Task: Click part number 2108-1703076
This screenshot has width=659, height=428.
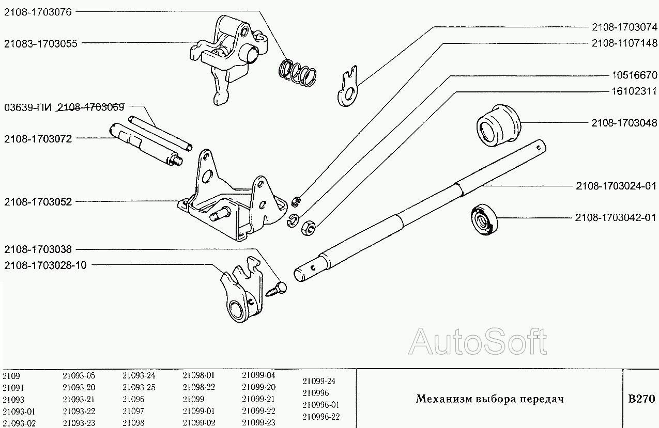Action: point(38,12)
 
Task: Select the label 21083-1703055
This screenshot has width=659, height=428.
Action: point(41,43)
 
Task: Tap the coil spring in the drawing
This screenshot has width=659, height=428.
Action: point(297,73)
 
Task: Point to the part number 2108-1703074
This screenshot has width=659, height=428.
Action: point(624,27)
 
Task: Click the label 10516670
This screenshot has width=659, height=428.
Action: point(634,75)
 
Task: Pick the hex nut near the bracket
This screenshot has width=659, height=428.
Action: point(309,228)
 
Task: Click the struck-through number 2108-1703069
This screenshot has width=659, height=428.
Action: point(90,107)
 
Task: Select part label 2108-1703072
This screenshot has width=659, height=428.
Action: point(38,139)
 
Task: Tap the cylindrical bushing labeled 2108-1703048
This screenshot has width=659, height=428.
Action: point(499,125)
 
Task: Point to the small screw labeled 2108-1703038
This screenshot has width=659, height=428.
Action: point(276,290)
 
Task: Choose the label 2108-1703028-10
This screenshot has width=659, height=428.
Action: point(45,265)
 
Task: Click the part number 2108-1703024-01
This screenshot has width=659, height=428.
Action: point(616,186)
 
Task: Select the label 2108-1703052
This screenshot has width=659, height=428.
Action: point(38,202)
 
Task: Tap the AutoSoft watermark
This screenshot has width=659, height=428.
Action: point(478,342)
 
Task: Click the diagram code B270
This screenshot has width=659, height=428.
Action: point(641,399)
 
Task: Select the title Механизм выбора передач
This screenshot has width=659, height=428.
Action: point(490,399)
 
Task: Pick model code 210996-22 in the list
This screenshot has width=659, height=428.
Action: point(321,417)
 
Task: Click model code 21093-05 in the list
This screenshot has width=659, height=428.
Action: point(79,375)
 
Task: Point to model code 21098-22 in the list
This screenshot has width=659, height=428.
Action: point(199,387)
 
